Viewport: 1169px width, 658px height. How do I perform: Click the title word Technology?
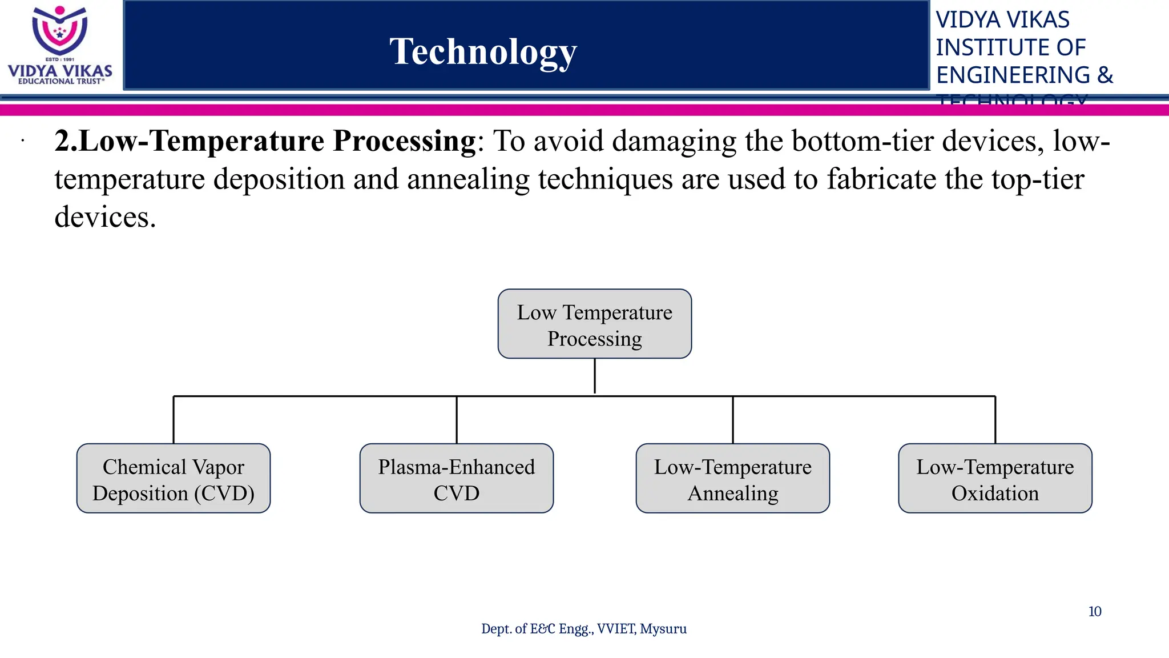(483, 51)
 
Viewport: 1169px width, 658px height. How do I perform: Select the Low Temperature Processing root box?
(594, 324)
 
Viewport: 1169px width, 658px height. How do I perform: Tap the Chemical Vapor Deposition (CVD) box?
(174, 479)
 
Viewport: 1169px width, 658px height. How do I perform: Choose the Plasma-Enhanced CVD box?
(456, 479)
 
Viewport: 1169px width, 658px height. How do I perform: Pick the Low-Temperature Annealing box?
(732, 479)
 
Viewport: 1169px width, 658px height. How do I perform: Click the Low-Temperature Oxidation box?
(995, 479)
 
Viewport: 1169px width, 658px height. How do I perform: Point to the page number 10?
(1094, 612)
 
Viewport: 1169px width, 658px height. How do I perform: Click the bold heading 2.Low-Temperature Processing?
(265, 141)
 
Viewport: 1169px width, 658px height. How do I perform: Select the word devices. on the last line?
(105, 218)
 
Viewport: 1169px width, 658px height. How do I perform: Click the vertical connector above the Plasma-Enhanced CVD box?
(457, 420)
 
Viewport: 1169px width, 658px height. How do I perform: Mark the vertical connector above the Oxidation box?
(995, 420)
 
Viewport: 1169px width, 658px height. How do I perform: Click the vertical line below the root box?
(594, 376)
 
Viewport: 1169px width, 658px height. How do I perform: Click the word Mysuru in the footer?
(663, 629)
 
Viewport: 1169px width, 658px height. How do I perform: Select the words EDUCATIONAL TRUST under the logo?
(61, 82)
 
